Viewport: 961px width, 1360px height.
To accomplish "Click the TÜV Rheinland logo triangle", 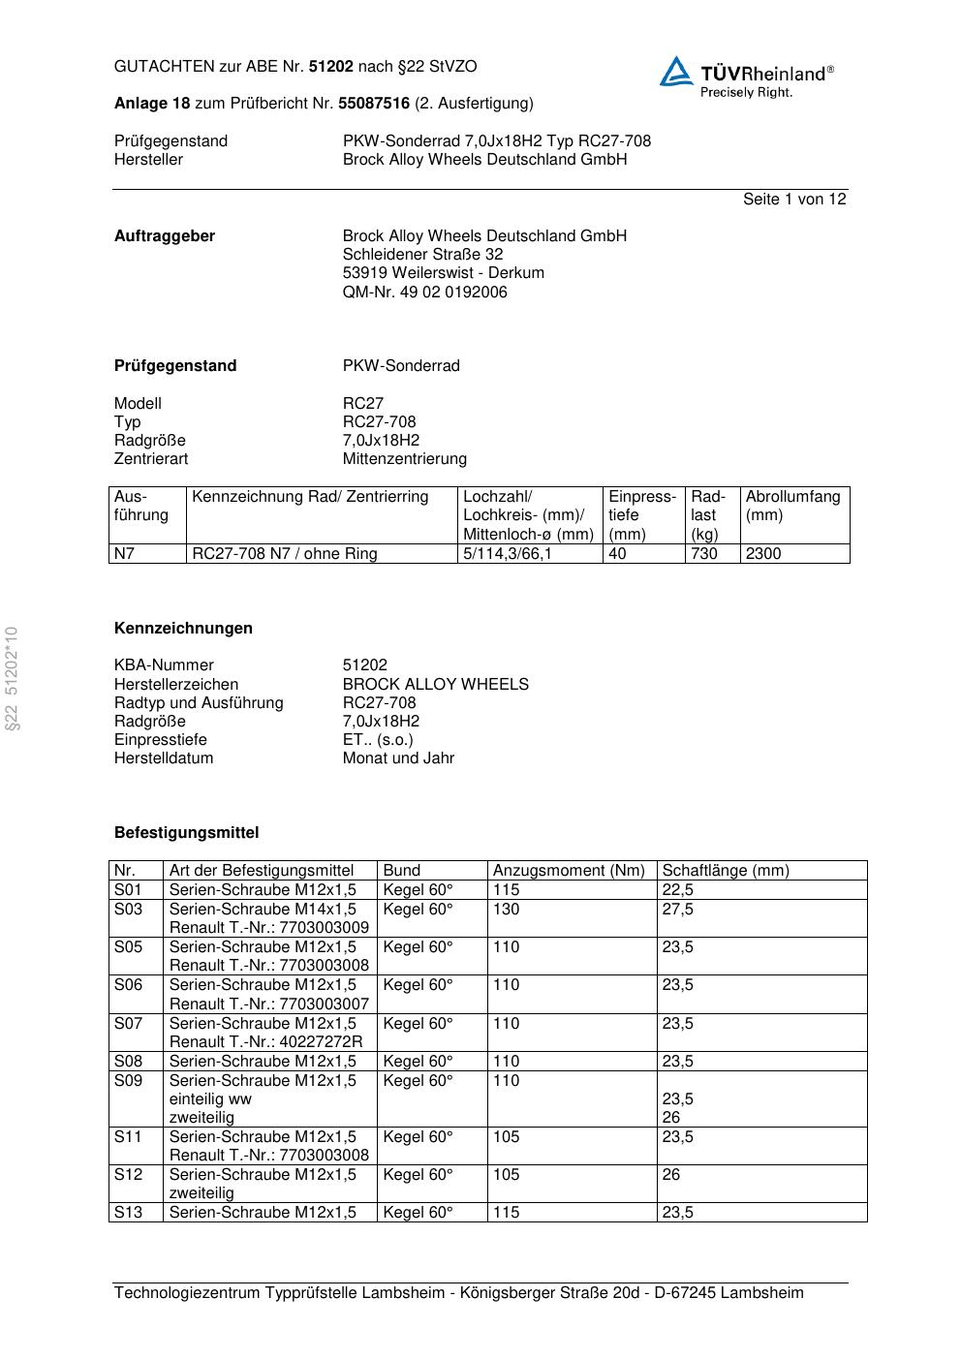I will click(676, 73).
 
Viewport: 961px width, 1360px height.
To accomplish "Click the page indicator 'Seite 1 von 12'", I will click(794, 200).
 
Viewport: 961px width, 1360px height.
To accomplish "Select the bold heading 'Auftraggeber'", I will click(165, 236).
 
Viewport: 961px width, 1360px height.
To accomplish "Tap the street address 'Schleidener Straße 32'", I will click(422, 255).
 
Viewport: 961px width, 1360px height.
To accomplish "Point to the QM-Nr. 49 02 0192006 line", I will click(424, 293).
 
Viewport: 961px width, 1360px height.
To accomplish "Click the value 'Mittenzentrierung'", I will click(404, 459).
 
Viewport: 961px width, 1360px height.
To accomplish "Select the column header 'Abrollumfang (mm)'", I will click(792, 506).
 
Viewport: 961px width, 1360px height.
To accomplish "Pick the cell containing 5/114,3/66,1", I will click(508, 554).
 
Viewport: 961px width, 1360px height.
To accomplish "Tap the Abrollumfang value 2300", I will click(763, 554).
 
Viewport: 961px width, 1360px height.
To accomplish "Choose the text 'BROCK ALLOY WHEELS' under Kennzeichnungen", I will click(435, 685).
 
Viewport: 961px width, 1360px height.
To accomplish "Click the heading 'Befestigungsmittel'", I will click(186, 833).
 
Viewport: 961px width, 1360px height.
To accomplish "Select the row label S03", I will click(128, 910).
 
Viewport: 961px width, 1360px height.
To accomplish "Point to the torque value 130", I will click(506, 910).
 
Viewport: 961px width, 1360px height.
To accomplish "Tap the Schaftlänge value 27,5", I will click(677, 910).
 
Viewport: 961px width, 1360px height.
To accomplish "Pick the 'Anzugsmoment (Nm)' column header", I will click(569, 871).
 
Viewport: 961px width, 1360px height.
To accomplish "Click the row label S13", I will click(128, 1213).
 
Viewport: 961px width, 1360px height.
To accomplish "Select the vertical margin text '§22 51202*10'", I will click(13, 678).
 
